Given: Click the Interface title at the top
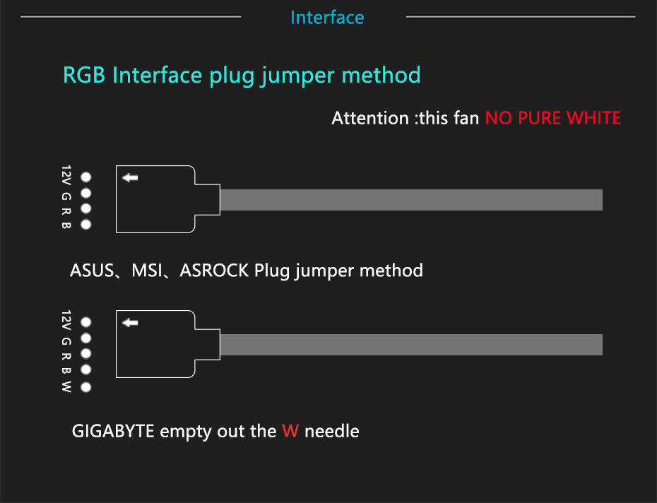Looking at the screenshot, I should pos(327,18).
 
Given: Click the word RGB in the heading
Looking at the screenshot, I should pos(85,75).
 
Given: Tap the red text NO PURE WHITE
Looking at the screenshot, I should pos(552,118).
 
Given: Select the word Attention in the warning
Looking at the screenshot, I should pos(369,118).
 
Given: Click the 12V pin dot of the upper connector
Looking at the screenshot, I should pos(86,177).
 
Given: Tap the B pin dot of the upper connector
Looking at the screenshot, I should pos(86,225).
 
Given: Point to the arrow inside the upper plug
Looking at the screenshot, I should pos(130,177).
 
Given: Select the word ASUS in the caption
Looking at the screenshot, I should pos(92,271).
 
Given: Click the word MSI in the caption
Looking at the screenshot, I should pos(146,271).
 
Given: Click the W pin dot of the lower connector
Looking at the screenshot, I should pos(86,387).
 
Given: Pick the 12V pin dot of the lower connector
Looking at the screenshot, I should pos(86,321).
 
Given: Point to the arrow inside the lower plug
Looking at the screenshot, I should pos(130,323).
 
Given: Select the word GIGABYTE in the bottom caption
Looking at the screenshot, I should pos(113,431).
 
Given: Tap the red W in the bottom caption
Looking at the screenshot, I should pos(290,431).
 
